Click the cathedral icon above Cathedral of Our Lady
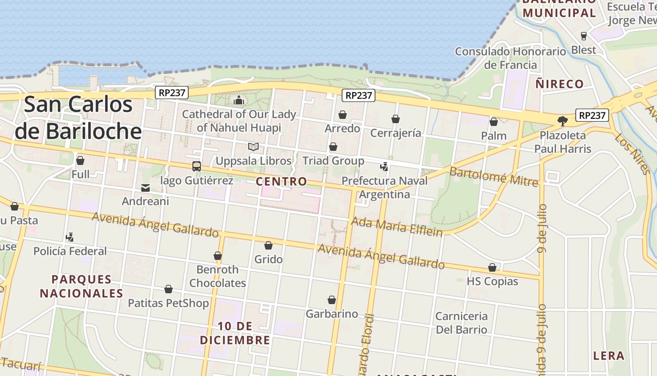(x=239, y=100)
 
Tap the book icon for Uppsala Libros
(x=253, y=147)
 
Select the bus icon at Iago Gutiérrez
(x=196, y=166)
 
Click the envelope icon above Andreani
(x=145, y=188)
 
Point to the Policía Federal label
(x=70, y=251)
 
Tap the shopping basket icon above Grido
(x=268, y=245)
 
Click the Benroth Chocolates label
(x=217, y=276)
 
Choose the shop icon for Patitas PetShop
(x=168, y=289)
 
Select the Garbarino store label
(x=332, y=314)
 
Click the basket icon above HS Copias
(x=492, y=268)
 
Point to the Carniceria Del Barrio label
(x=462, y=322)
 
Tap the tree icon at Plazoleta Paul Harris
(x=562, y=121)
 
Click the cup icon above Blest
(x=584, y=36)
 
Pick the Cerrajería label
(x=396, y=133)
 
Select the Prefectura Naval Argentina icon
(x=384, y=166)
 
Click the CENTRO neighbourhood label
(x=282, y=181)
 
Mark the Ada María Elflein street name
(x=397, y=227)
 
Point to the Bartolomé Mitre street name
(x=494, y=176)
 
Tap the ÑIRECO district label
(x=559, y=84)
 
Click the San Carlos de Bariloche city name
(x=78, y=117)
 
